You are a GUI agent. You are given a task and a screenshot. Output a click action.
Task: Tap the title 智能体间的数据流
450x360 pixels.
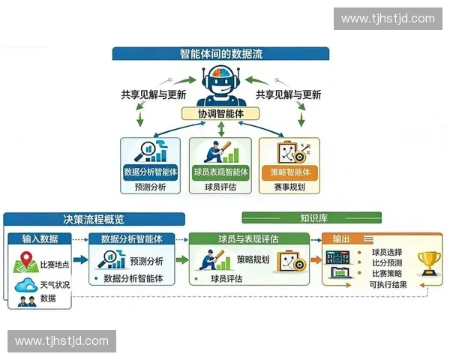pyautogui.click(x=221, y=54)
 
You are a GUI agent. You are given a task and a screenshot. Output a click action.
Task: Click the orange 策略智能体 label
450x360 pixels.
pyautogui.click(x=289, y=172)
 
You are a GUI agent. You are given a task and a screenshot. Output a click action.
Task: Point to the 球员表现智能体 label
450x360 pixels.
pyautogui.click(x=220, y=172)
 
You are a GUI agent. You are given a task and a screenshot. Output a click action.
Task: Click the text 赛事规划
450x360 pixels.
pyautogui.click(x=289, y=187)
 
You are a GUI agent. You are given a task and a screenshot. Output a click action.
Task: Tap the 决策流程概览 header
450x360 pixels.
pyautogui.click(x=94, y=220)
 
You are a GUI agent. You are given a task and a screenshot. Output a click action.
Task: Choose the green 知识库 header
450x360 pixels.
pyautogui.click(x=313, y=219)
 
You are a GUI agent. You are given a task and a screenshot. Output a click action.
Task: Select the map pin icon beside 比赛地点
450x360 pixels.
pyautogui.click(x=25, y=264)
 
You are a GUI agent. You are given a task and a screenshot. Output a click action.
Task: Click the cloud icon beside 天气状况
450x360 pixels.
pyautogui.click(x=25, y=285)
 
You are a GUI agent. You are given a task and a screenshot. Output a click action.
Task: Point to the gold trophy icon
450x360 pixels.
pyautogui.click(x=429, y=264)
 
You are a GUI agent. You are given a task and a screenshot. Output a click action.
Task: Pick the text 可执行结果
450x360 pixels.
pyautogui.click(x=388, y=285)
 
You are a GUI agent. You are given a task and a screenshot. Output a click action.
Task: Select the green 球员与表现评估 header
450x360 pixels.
pyautogui.click(x=248, y=238)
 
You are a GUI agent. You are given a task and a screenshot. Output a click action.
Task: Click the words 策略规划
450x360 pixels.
pyautogui.click(x=253, y=260)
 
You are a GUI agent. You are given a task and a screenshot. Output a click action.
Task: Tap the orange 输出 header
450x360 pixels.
pyautogui.click(x=341, y=238)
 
